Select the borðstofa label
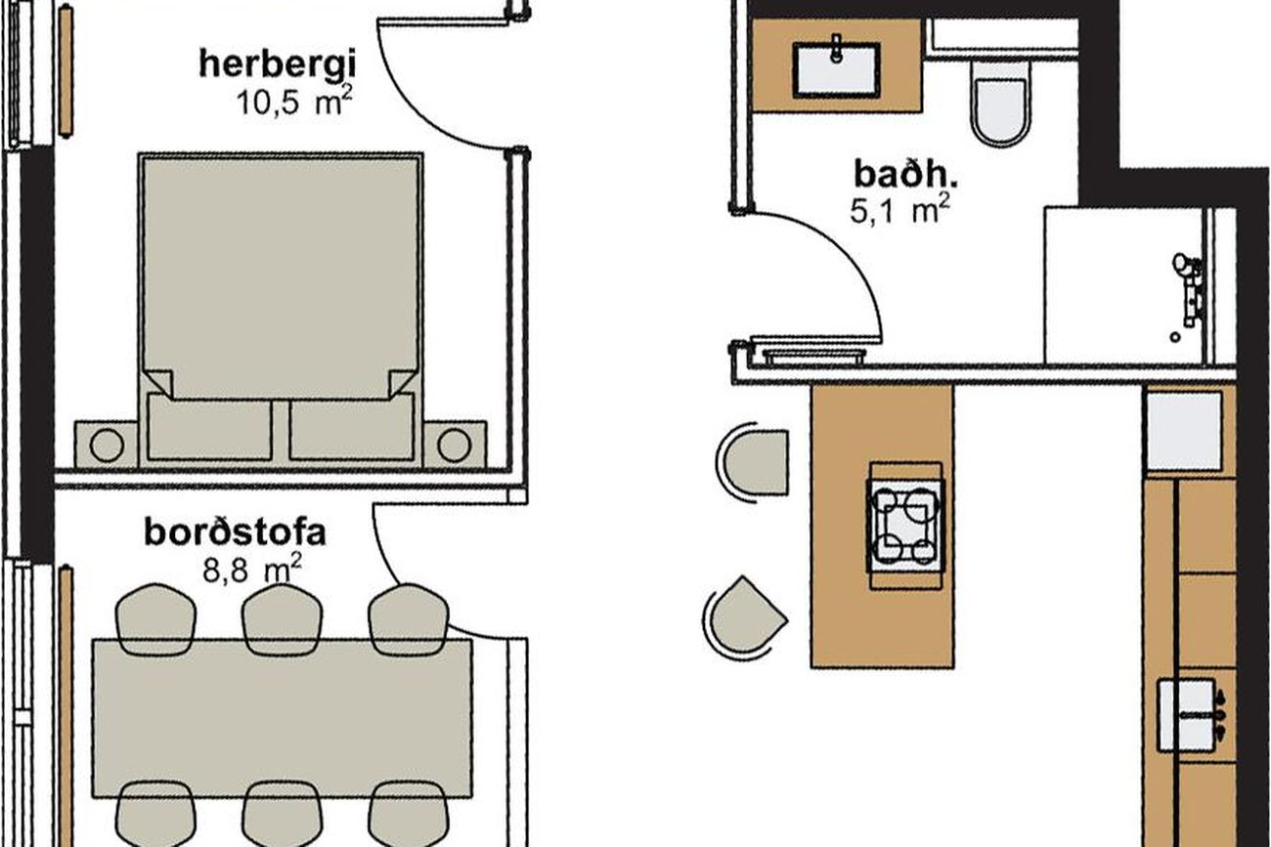coord(235,533)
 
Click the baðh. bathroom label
coord(905,174)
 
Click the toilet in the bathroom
coord(1000,104)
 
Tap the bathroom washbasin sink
coord(836,69)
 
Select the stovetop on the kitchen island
coord(906,526)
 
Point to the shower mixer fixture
coord(1189,289)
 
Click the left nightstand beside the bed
coord(107,445)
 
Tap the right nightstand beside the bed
coord(454,445)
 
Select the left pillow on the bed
coord(209,427)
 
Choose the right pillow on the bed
coord(351,427)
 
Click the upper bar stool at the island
coord(753,462)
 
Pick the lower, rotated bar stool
coord(745,618)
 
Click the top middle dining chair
coord(282,618)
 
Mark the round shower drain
coord(1175,337)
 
